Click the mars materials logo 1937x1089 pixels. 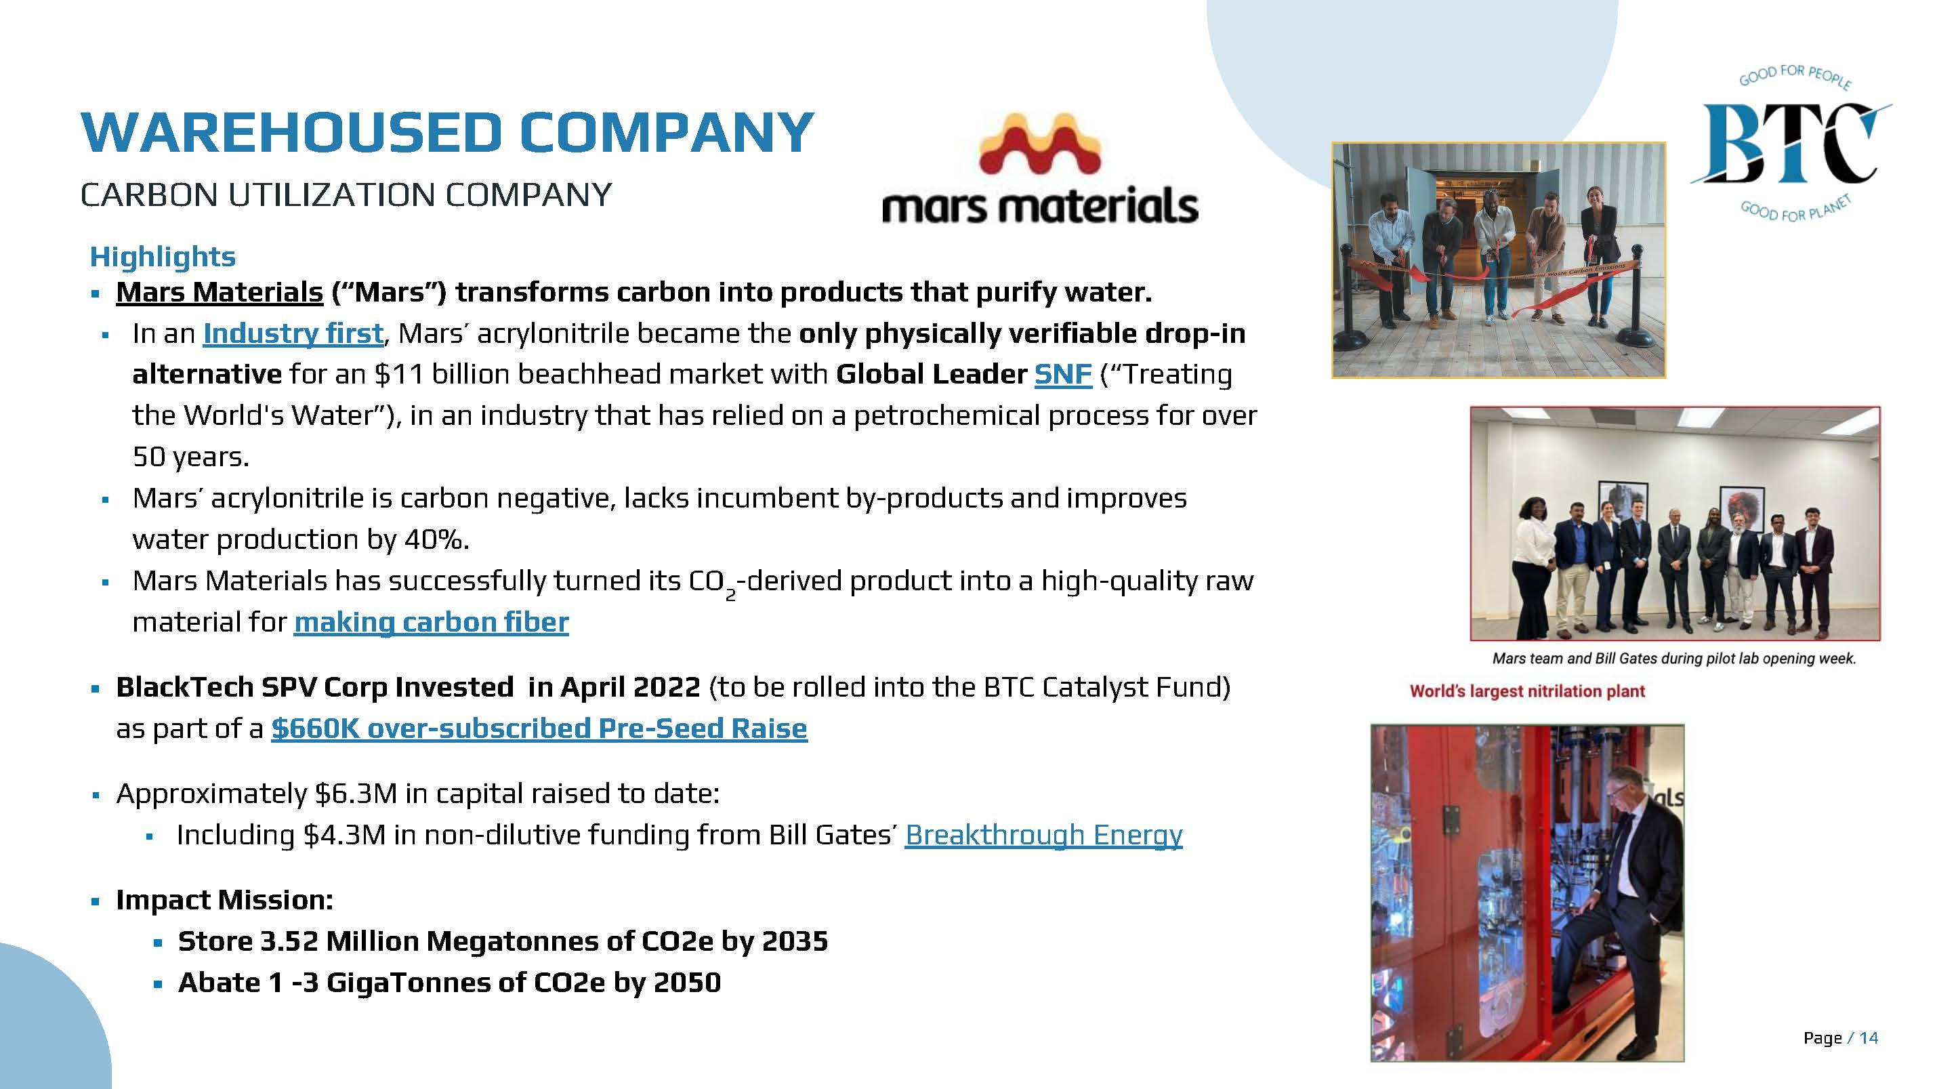1040,169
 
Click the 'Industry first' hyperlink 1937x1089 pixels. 293,333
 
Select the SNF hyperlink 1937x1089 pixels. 1062,374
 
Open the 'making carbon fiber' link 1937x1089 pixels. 431,622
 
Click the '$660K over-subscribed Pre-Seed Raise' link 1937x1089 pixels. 539,728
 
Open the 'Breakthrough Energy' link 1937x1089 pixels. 1043,835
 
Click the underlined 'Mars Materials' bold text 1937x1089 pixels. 220,292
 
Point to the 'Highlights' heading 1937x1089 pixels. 163,256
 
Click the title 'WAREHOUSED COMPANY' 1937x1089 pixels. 447,132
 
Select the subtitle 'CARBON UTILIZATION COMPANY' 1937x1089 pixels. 346,194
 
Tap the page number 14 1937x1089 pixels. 1869,1038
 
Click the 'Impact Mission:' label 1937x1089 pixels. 224,899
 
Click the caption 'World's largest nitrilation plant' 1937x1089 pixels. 1527,691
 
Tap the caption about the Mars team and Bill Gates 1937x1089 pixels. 1675,659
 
